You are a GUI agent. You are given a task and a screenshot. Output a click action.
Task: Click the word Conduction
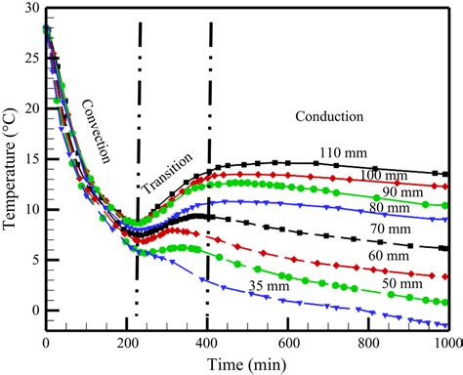pyautogui.click(x=328, y=117)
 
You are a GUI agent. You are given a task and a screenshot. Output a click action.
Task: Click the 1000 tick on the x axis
pyautogui.click(x=447, y=343)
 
